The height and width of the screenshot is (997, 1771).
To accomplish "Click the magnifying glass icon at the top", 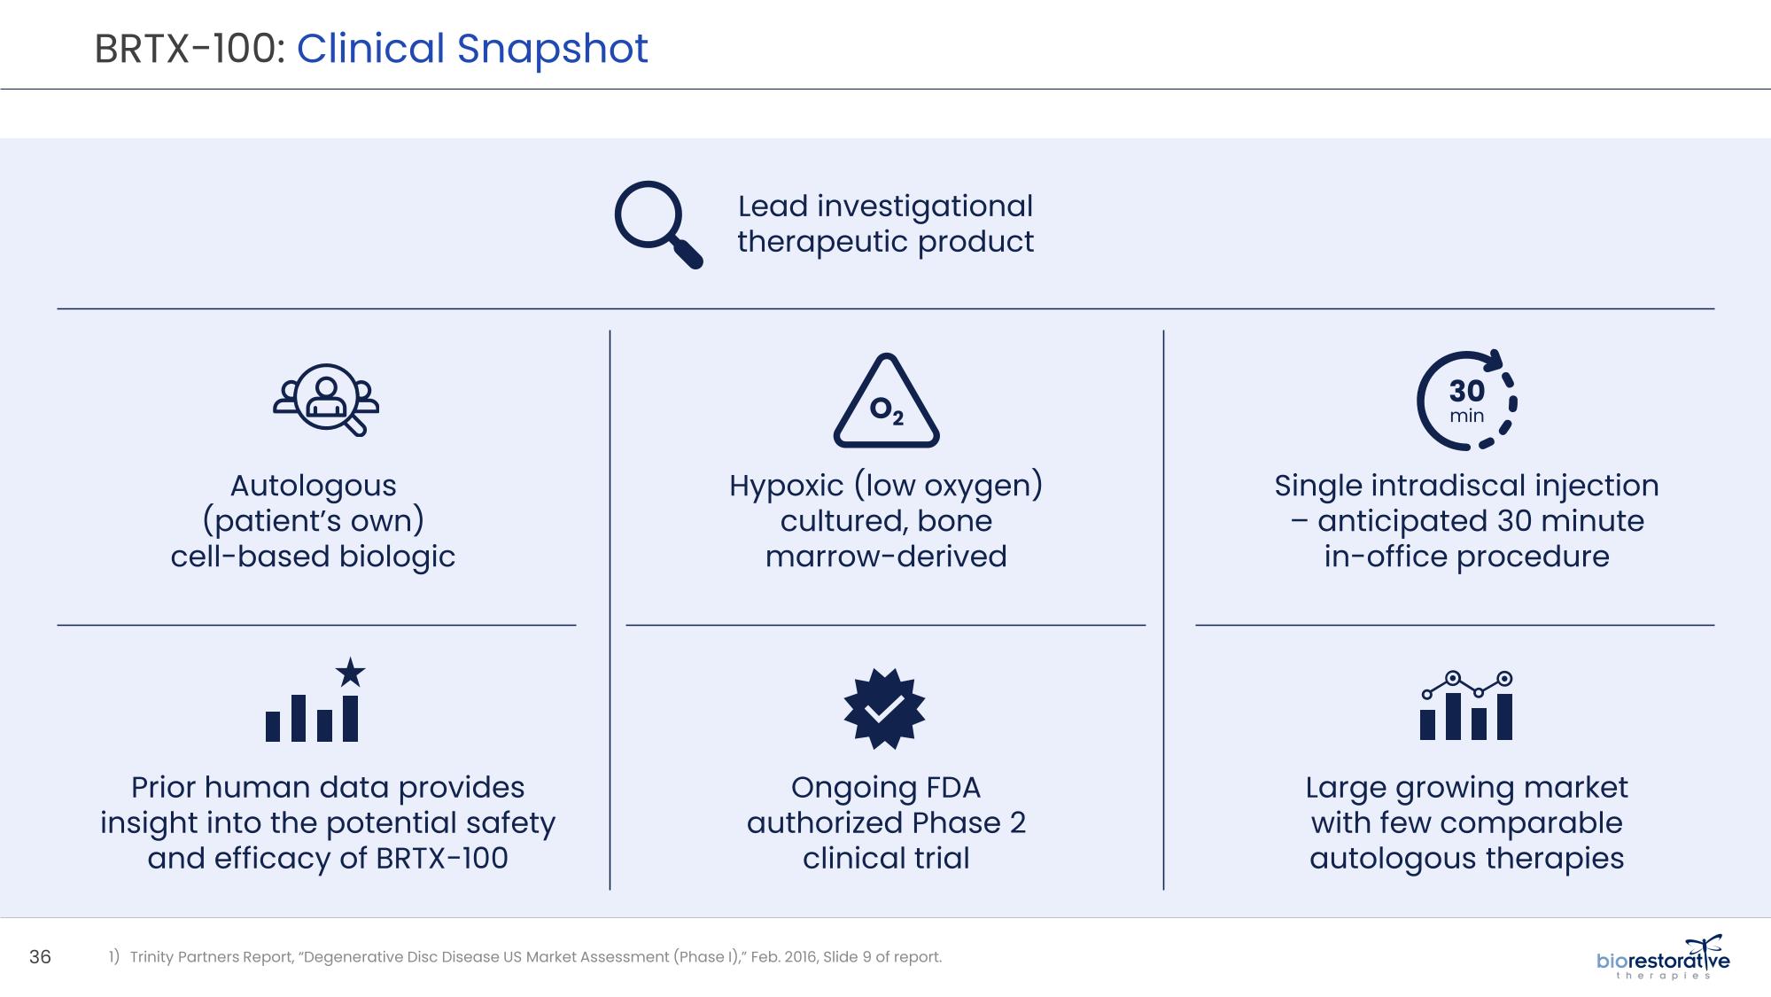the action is pos(658,224).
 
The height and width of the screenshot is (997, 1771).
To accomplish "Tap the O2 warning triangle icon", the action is pos(886,401).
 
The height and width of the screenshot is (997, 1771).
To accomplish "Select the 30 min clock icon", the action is pos(1466,401).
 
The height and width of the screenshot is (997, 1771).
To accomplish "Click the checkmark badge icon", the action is pos(884,708).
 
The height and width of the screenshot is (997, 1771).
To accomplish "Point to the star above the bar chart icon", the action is pos(351,672).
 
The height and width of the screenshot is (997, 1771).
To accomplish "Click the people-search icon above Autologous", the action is pos(326,400).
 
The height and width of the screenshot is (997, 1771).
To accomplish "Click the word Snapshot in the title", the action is pos(552,49).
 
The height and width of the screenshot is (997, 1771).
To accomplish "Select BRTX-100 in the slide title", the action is pos(189,49).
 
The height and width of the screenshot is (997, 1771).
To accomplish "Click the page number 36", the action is pos(41,957).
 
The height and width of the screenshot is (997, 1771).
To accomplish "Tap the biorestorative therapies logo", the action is pos(1663,957).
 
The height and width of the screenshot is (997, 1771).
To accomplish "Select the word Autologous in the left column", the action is pos(314,487).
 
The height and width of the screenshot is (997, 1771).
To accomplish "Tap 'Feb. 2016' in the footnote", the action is pos(783,957).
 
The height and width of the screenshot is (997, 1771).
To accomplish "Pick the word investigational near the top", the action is pos(925,207).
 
